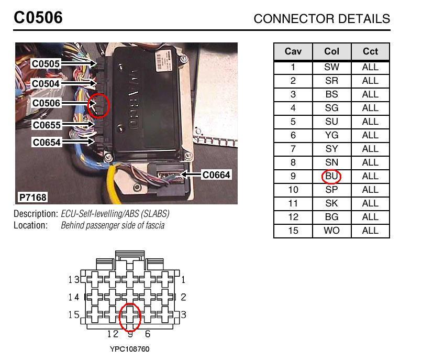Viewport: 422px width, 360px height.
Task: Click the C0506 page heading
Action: point(38,18)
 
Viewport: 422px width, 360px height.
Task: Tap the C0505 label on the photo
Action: point(46,64)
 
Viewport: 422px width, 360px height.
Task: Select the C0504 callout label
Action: point(46,84)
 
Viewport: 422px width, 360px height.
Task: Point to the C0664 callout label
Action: point(216,175)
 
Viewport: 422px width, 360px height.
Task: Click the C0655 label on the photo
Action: point(46,125)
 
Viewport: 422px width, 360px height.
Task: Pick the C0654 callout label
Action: point(46,143)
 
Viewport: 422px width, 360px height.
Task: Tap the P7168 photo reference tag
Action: point(32,198)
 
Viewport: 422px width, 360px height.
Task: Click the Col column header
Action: point(331,52)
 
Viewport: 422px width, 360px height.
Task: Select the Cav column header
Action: point(293,52)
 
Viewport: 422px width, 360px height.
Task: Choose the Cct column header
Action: point(370,52)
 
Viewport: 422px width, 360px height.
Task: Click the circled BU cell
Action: point(331,176)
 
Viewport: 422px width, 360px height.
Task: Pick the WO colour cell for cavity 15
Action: point(331,231)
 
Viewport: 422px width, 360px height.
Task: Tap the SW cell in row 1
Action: point(331,67)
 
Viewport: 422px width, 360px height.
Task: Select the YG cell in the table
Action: point(331,135)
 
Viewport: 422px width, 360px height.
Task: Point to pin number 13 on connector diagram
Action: point(74,280)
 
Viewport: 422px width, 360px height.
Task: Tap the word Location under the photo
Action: point(30,225)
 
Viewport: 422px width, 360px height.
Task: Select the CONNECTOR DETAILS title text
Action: point(321,19)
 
